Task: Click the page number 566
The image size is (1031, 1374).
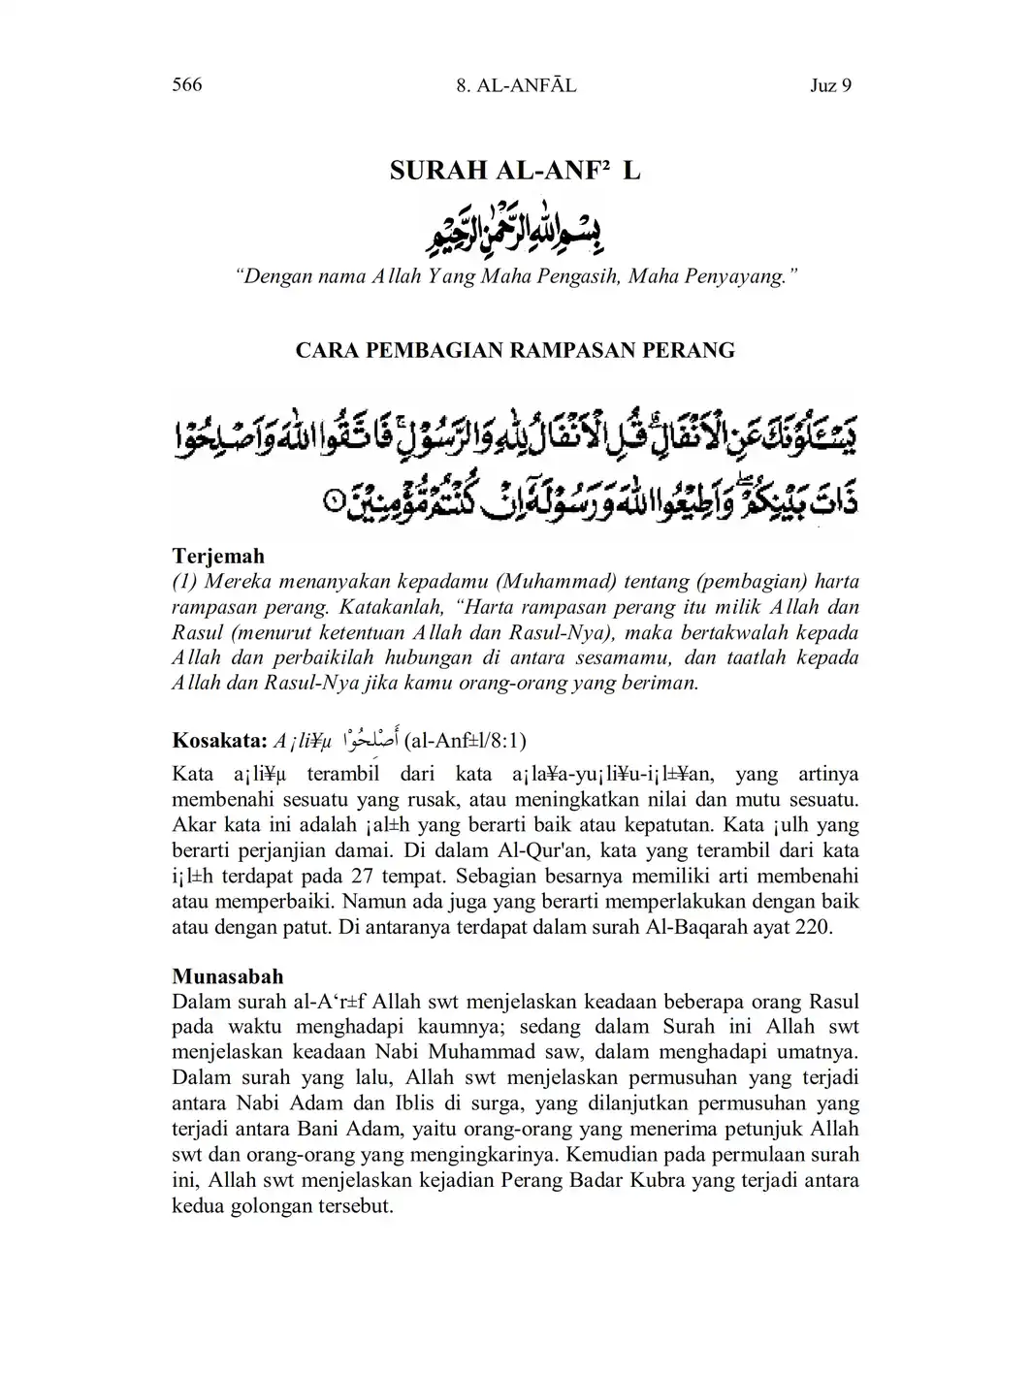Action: click(186, 84)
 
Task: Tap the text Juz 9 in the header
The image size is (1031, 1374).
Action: click(830, 85)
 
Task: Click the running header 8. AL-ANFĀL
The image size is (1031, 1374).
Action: click(515, 85)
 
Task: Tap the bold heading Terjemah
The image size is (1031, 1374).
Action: click(218, 557)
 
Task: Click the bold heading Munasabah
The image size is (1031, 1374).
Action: click(228, 975)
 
